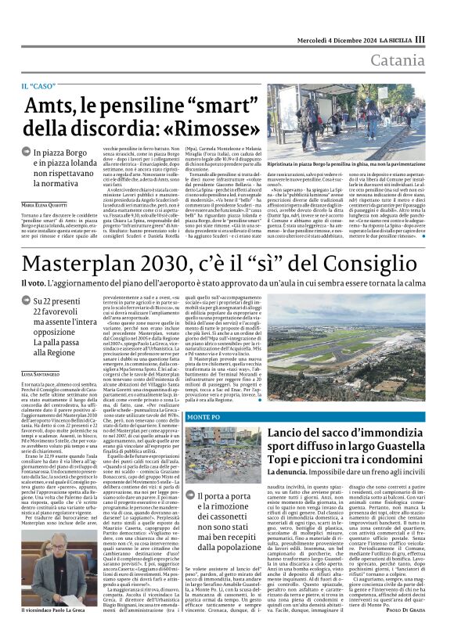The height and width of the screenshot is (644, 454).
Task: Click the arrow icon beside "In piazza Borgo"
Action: pyautogui.click(x=27, y=154)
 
